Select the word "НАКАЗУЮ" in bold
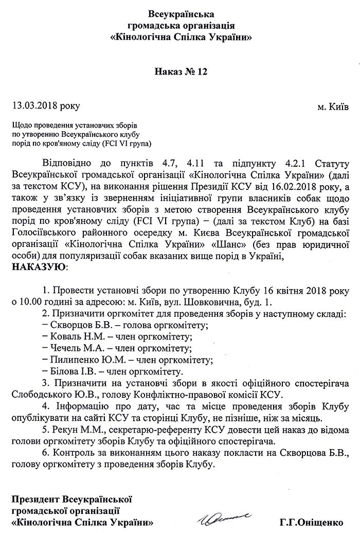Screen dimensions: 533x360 tap(38, 268)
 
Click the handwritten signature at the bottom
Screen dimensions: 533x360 tap(224, 516)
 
